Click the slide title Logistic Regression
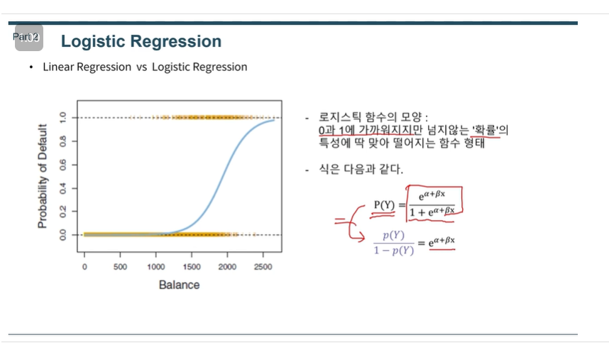click(141, 42)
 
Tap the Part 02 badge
click(28, 37)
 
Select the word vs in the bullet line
click(141, 67)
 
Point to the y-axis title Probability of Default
click(43, 176)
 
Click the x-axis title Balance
click(179, 285)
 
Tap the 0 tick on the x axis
click(84, 267)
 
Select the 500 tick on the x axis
click(120, 267)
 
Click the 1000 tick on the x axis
click(156, 267)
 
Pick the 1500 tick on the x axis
click(192, 267)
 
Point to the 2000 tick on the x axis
click(227, 267)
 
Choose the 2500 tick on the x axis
click(263, 267)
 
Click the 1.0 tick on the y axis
click(62, 118)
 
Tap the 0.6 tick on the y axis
click(62, 165)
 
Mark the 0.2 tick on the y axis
click(62, 212)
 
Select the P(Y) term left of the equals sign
click(385, 206)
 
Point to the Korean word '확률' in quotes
click(485, 131)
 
